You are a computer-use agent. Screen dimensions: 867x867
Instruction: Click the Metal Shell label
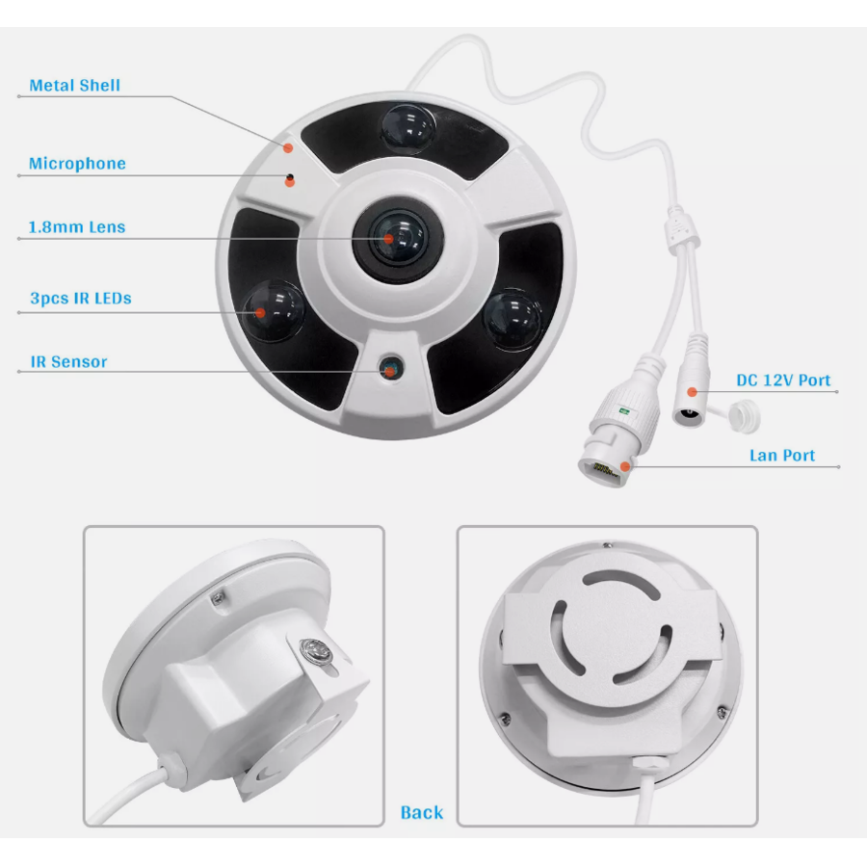(74, 86)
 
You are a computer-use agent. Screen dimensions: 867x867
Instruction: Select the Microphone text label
(77, 164)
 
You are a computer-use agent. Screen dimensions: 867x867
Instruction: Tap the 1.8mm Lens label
(77, 228)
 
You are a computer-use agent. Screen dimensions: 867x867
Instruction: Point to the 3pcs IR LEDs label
(80, 299)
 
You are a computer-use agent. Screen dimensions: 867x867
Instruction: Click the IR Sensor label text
(68, 362)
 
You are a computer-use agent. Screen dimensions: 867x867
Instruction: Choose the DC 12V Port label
(783, 381)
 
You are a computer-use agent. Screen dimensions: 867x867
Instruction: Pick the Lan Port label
(782, 456)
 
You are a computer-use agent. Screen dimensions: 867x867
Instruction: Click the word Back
(421, 812)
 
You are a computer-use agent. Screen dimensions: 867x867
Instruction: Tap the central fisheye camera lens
(391, 238)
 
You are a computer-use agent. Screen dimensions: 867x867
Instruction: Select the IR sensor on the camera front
(390, 367)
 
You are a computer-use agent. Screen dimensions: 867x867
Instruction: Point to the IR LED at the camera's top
(407, 126)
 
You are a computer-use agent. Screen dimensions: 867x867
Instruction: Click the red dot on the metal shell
(288, 146)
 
